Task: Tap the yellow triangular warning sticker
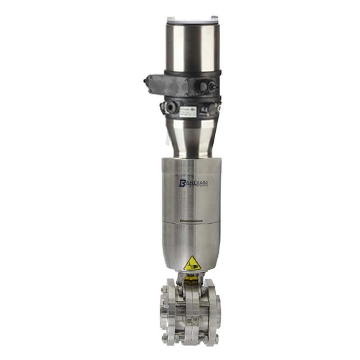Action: pos(191,264)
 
